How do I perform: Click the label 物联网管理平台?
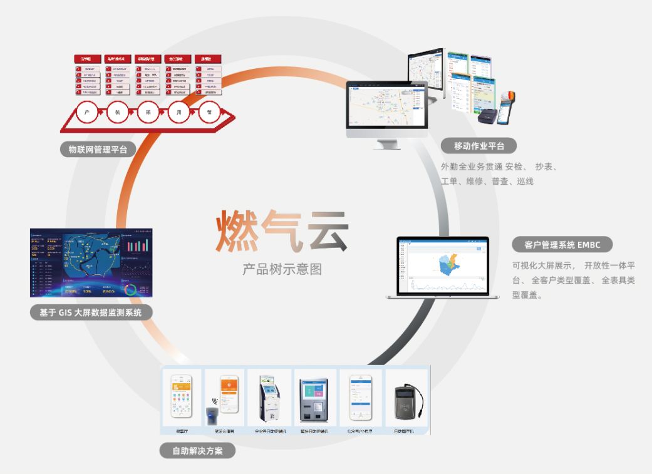97,149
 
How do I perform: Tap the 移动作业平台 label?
479,147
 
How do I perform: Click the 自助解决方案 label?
197,450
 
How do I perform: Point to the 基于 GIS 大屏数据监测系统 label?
91,312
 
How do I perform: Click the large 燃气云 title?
282,231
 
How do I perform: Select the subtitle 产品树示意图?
282,269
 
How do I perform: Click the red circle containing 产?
87,113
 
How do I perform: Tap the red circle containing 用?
179,113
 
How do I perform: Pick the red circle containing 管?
209,113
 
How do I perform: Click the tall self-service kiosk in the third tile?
269,401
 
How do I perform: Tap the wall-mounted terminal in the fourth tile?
314,401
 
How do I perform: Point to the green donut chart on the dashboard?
133,289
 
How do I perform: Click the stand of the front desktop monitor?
387,143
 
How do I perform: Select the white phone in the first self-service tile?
182,396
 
